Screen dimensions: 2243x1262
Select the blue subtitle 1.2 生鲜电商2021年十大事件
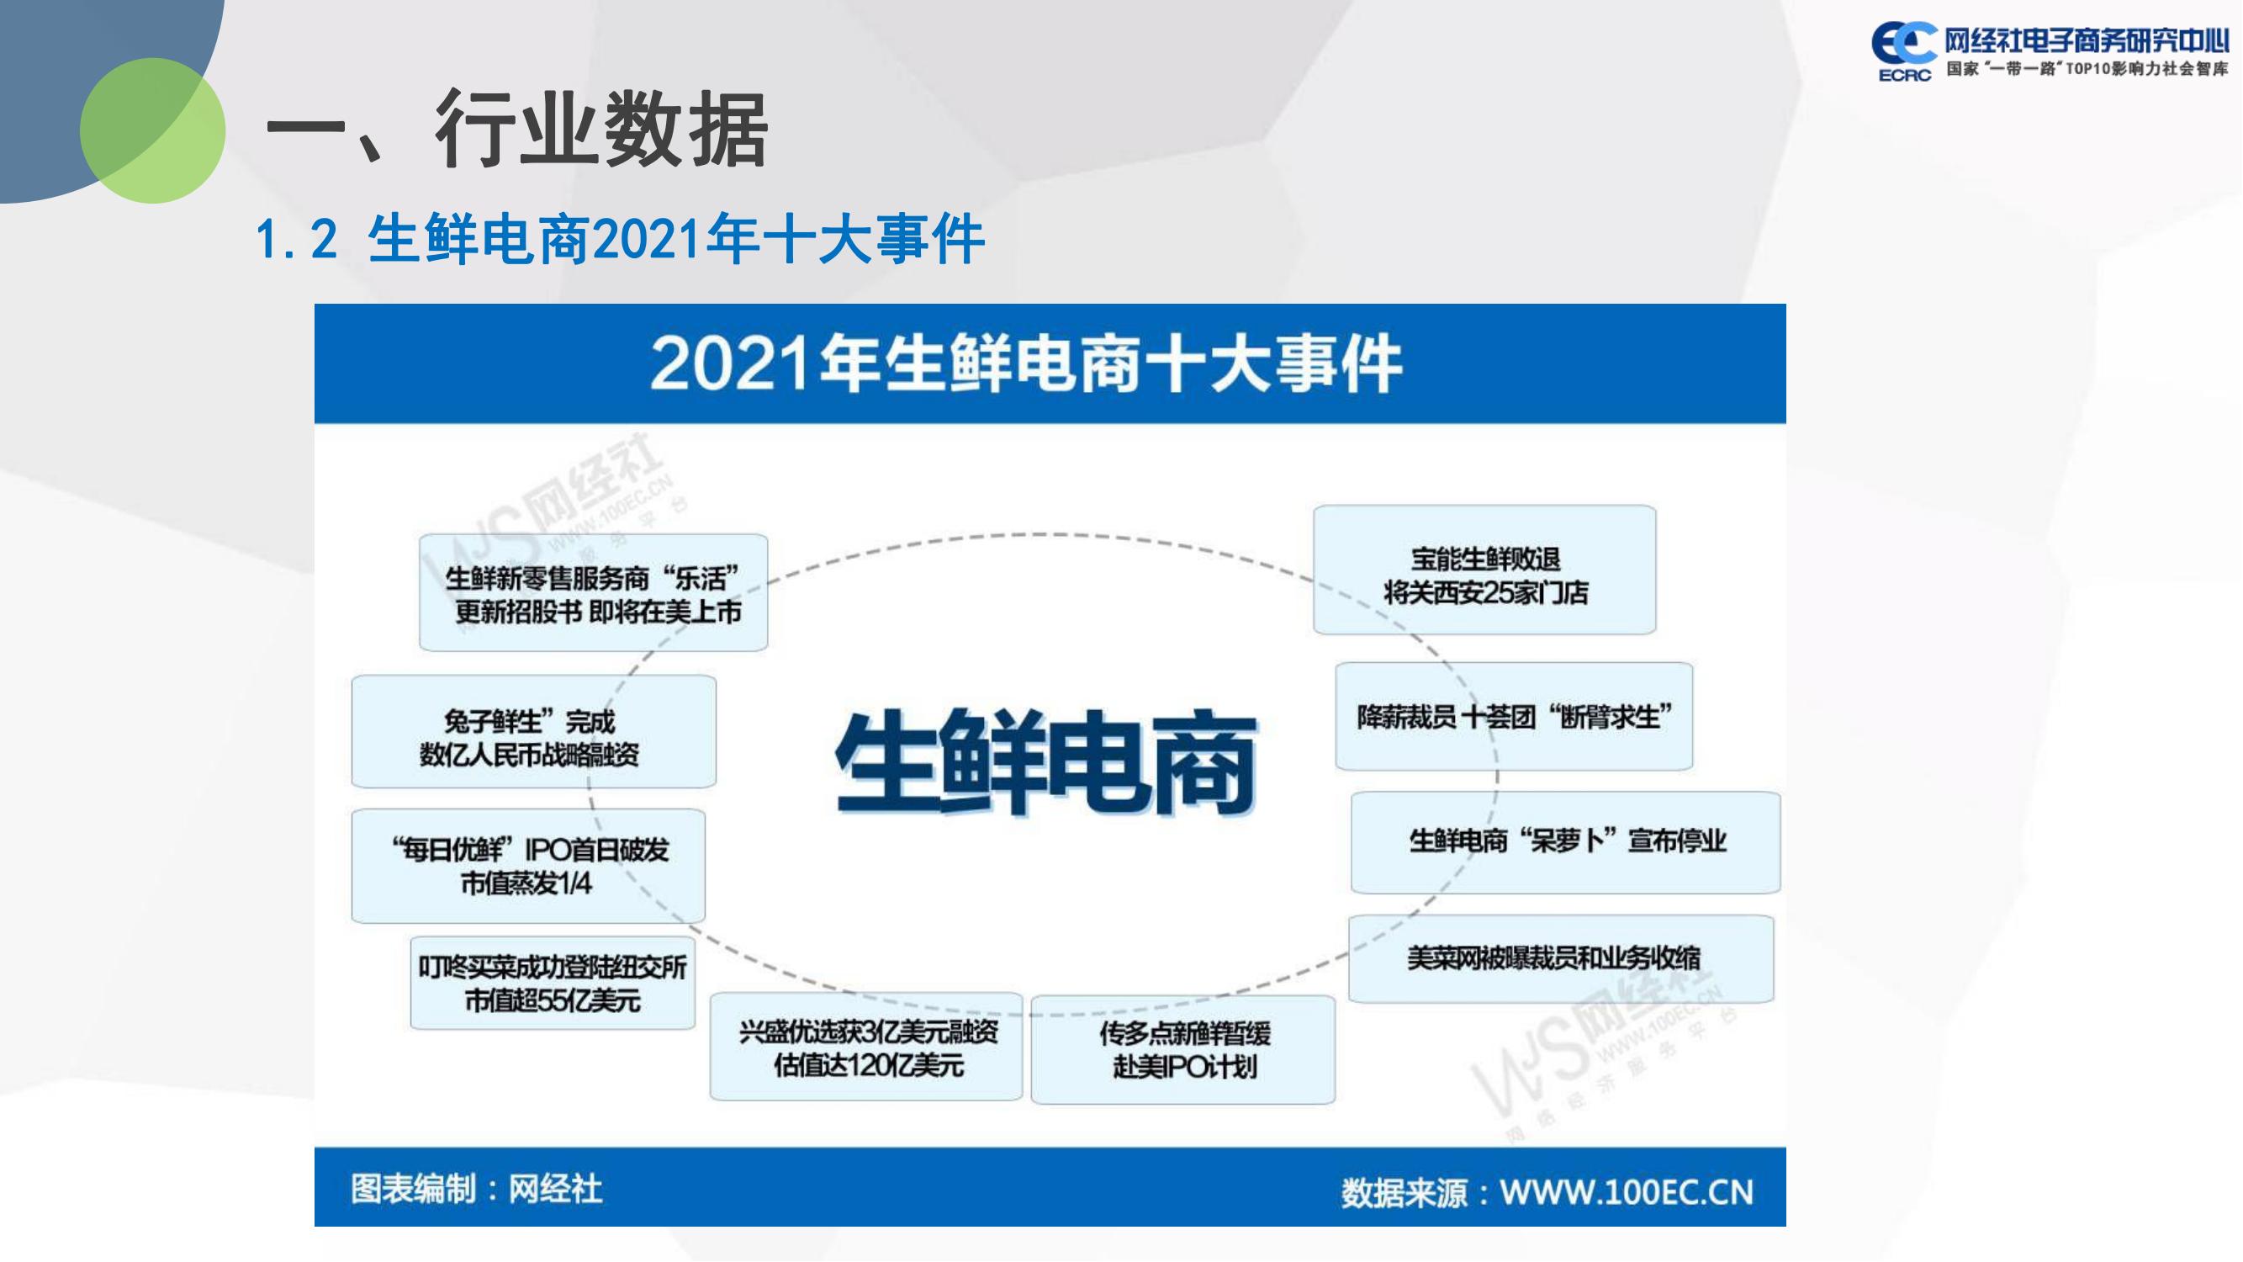tap(620, 239)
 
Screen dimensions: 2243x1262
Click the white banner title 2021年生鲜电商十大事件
tap(1026, 363)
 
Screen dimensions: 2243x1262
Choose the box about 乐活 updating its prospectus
tap(593, 592)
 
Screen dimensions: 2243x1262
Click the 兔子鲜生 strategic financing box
tap(534, 732)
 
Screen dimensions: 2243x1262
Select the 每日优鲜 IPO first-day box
tap(528, 866)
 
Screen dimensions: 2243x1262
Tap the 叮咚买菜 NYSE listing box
tap(553, 984)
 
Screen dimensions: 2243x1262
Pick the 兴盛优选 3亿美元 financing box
tap(866, 1046)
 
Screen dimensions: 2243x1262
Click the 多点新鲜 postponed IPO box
tap(1183, 1049)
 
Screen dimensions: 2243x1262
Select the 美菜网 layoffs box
tap(1561, 958)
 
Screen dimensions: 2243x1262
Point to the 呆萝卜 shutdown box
tap(1566, 842)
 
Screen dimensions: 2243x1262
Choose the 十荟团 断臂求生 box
tap(1514, 716)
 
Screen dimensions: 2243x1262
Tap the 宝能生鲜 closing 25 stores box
tap(1484, 570)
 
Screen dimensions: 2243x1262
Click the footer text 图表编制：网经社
tap(476, 1189)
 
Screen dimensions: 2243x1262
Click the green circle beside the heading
tap(152, 130)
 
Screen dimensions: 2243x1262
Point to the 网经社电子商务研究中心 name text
tap(2087, 40)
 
